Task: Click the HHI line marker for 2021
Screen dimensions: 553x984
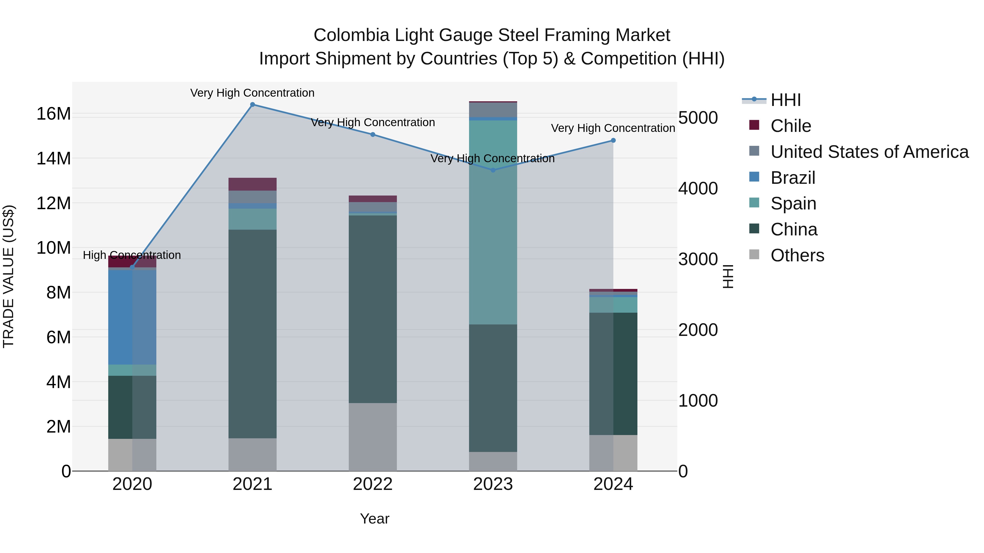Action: (253, 105)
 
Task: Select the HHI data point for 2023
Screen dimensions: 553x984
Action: (493, 170)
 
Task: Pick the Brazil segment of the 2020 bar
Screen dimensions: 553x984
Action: (132, 317)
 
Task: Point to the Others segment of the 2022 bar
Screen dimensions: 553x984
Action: (373, 437)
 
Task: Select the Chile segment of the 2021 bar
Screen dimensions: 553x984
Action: (253, 184)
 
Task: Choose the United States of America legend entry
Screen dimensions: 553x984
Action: (869, 152)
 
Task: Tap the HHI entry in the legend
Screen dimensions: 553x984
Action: (785, 100)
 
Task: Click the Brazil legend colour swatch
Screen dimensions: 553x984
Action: (754, 177)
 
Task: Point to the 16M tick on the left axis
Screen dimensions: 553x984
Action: (54, 114)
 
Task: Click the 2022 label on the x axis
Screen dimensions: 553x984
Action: (373, 484)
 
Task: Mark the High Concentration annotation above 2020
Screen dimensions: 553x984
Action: (132, 255)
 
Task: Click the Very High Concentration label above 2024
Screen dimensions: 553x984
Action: (613, 128)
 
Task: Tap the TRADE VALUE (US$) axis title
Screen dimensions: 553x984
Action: (8, 276)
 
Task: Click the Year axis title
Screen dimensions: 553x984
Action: (374, 519)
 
